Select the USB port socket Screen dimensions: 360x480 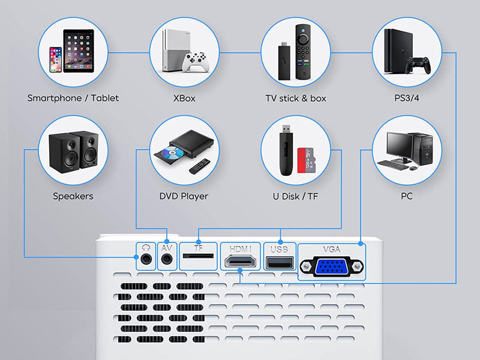click(280, 262)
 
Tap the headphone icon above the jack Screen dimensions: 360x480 click(145, 247)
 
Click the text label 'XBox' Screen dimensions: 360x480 click(184, 98)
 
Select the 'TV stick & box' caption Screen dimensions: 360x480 click(296, 98)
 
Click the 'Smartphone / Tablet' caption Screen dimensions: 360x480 click(73, 98)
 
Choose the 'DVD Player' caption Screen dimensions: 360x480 click(184, 196)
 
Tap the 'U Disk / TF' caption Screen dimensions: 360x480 click(296, 196)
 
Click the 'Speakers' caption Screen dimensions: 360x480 click(73, 196)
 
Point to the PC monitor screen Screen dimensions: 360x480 click(398, 145)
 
